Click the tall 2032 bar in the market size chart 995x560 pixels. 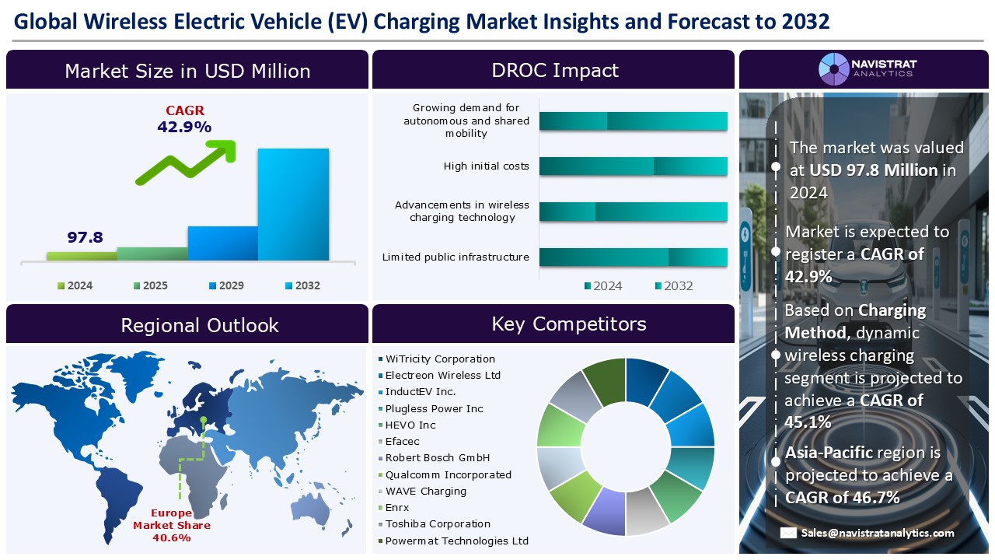pyautogui.click(x=293, y=204)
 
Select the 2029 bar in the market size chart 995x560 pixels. pyautogui.click(x=222, y=243)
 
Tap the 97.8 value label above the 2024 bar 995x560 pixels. pyautogui.click(x=85, y=237)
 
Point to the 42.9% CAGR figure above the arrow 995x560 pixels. pyautogui.click(x=184, y=127)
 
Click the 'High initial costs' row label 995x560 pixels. pyautogui.click(x=486, y=166)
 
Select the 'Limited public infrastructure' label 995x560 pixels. pyautogui.click(x=456, y=257)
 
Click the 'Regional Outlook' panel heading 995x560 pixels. pyautogui.click(x=200, y=325)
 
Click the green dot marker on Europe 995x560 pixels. pyautogui.click(x=203, y=420)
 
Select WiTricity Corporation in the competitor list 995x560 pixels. pyautogui.click(x=440, y=359)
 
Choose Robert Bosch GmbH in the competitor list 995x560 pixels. pyautogui.click(x=437, y=458)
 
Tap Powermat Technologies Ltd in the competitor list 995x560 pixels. pyautogui.click(x=456, y=541)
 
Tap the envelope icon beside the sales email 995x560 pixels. pyautogui.click(x=788, y=533)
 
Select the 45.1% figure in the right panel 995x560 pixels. pyautogui.click(x=808, y=422)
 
